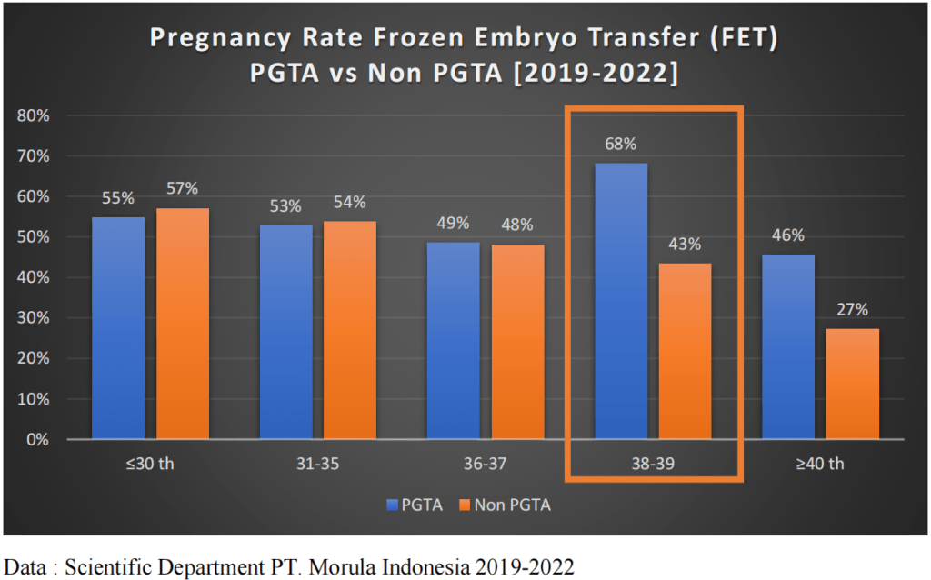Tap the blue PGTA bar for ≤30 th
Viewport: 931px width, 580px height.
(x=118, y=328)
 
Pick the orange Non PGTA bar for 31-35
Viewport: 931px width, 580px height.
(x=350, y=330)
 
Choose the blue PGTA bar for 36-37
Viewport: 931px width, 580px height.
(x=454, y=341)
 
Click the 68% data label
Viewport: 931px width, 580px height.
(x=621, y=144)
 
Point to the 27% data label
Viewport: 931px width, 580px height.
(x=853, y=309)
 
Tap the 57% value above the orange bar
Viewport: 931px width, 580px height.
(x=183, y=188)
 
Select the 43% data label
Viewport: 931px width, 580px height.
(x=686, y=244)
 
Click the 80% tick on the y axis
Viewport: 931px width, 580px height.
(x=35, y=116)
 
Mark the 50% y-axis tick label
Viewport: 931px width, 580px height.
(x=35, y=237)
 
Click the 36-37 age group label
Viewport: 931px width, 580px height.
(x=486, y=464)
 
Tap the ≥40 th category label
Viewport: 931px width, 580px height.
(x=820, y=464)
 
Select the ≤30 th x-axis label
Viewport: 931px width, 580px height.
(x=151, y=464)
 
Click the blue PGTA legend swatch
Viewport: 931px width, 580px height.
(x=392, y=505)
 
